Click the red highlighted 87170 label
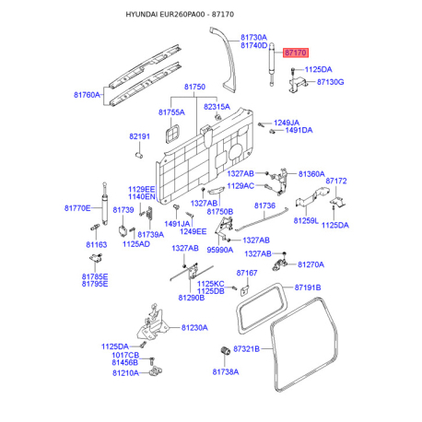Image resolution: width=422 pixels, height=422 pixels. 295,53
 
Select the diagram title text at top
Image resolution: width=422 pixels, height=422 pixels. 180,15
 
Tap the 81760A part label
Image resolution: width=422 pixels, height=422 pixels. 87,95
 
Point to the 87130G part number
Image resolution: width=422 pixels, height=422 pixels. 330,82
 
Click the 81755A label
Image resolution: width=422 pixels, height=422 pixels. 171,112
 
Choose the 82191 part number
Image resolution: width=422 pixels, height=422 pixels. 139,136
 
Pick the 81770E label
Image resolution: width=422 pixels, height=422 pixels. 77,208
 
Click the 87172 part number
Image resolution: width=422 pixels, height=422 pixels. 336,181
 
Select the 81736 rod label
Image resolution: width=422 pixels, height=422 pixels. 264,205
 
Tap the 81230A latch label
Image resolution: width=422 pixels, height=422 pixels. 194,328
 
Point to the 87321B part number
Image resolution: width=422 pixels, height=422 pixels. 246,349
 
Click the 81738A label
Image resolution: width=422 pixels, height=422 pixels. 226,372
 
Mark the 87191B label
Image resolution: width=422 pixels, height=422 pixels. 308,287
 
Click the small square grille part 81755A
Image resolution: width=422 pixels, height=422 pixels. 172,134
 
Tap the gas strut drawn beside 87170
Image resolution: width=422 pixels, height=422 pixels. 272,64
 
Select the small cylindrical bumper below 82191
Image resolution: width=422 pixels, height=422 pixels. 139,155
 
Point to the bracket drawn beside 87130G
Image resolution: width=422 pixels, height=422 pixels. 298,85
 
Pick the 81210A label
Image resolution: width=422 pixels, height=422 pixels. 125,373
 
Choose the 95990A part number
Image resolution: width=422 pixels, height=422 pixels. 220,250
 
